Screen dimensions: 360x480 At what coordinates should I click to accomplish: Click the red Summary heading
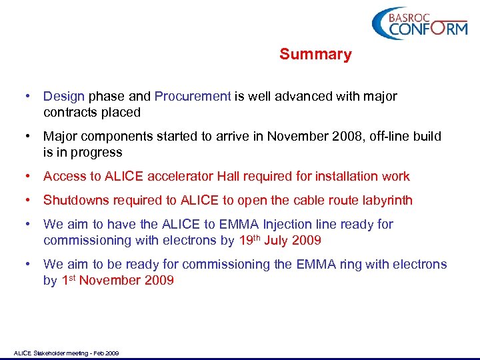coord(315,54)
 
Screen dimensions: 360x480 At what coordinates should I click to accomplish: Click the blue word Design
coord(64,96)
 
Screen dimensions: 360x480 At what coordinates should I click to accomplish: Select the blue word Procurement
coord(193,96)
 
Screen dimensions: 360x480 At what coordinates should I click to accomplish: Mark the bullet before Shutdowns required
coord(28,200)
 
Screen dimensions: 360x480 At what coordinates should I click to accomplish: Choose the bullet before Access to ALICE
coord(28,176)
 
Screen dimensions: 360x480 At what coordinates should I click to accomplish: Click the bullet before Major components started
coord(28,136)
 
